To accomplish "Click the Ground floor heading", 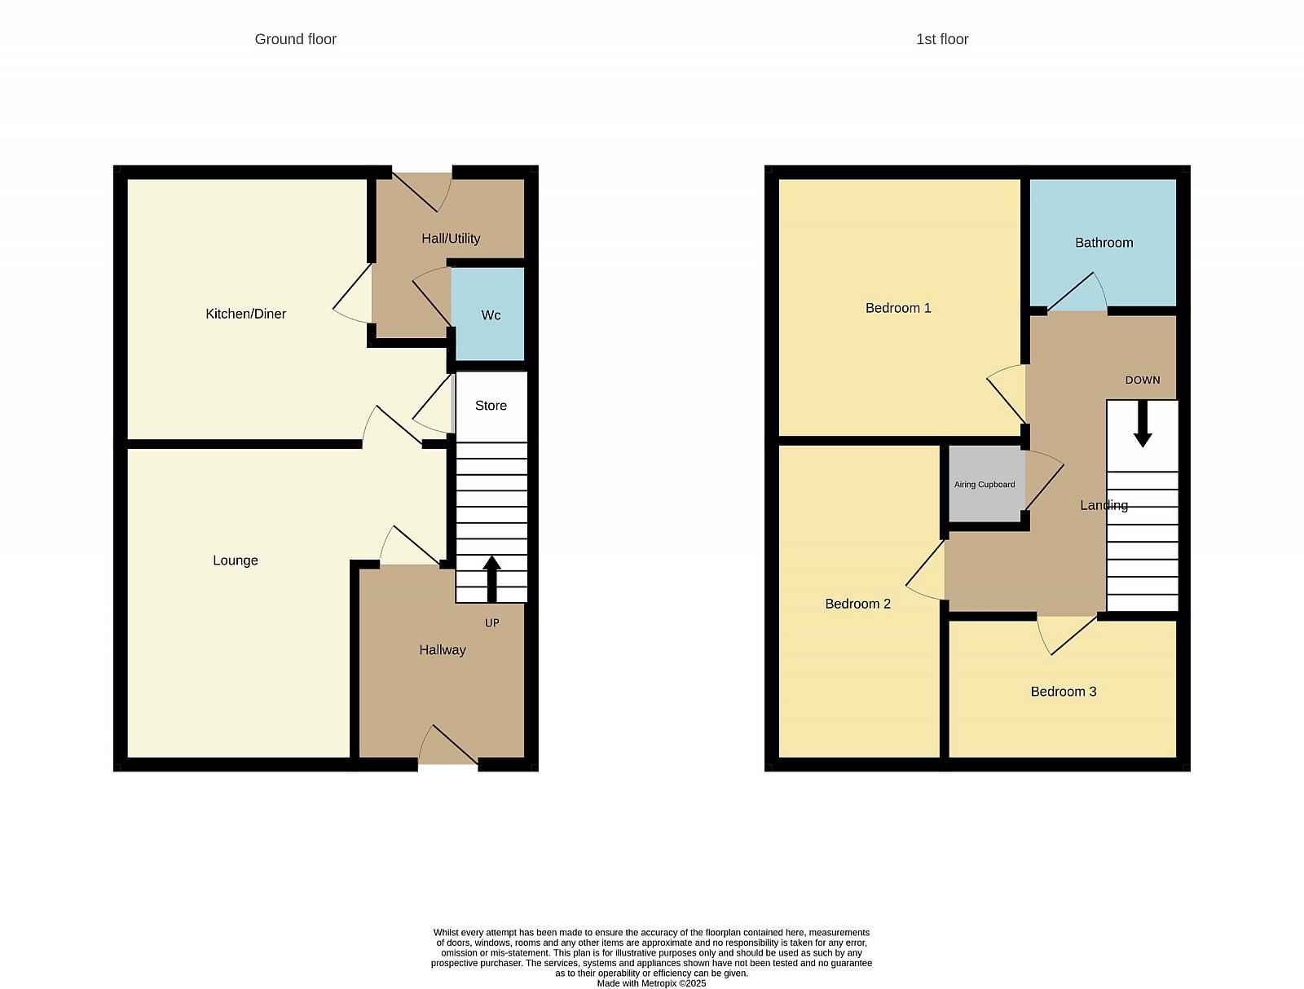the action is [x=295, y=39].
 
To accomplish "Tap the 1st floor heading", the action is [x=942, y=39].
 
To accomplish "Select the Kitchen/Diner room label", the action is [x=245, y=314].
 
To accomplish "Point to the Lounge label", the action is [x=236, y=560].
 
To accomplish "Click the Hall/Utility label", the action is [x=451, y=239].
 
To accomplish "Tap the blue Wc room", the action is [x=487, y=314].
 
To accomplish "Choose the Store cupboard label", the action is [x=491, y=406].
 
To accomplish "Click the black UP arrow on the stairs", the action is [x=491, y=578].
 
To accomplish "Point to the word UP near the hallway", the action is [x=492, y=622].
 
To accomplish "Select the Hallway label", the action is [x=443, y=650].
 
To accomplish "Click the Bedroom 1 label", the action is [x=898, y=308].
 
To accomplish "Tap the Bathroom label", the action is [x=1104, y=243].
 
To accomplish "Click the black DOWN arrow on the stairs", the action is [x=1143, y=424].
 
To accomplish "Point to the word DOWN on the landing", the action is [x=1143, y=380].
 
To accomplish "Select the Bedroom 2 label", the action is [x=858, y=604].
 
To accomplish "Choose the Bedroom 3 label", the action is [x=1064, y=692].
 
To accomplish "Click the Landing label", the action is [x=1104, y=505].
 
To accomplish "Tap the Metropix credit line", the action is [x=651, y=983].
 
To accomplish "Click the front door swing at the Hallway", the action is [x=448, y=744].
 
